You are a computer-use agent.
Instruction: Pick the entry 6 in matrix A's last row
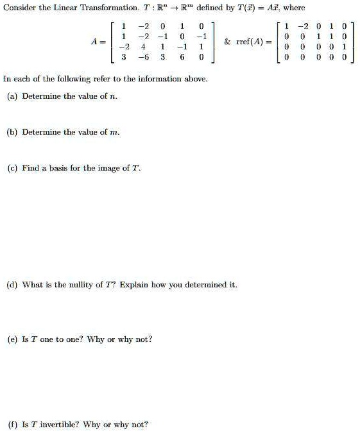[x=182, y=57]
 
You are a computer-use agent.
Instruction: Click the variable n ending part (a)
[x=113, y=96]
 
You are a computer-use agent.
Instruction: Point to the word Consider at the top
[x=19, y=8]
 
